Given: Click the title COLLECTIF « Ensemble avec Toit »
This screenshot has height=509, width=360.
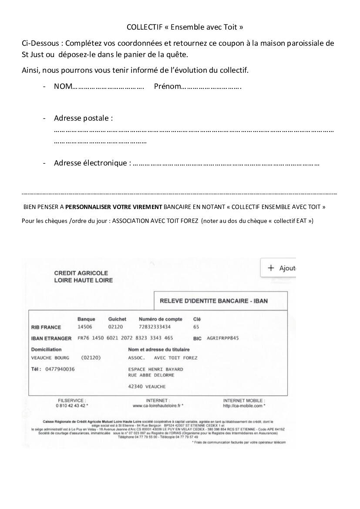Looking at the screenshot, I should point(185,27).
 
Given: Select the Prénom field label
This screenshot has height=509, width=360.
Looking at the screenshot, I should point(167,86).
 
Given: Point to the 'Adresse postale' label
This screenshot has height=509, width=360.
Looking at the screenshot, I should point(83,118).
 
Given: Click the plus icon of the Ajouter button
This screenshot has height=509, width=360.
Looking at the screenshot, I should point(271,268).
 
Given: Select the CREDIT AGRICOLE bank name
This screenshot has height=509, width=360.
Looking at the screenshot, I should point(81,273).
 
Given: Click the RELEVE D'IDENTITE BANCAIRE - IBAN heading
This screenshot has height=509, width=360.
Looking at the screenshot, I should point(214,301).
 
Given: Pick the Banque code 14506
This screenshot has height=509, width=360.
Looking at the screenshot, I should point(85,327).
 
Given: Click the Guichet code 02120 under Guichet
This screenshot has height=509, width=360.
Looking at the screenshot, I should point(116,327).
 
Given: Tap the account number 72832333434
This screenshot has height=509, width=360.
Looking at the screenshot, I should point(155,327).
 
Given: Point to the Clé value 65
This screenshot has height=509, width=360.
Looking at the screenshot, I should point(196,327).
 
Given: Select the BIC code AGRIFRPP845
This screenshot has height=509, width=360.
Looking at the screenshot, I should point(223,338).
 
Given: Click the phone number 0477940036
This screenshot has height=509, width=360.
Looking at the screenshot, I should point(60,369).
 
